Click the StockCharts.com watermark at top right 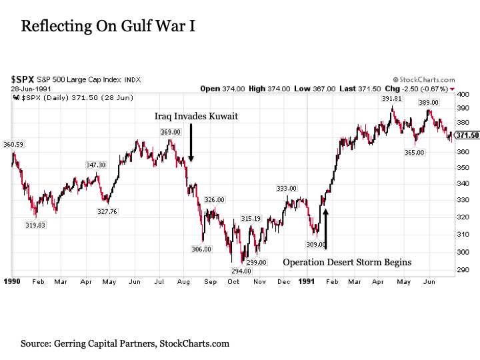click(425, 79)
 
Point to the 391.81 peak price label click(391, 99)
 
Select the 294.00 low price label click(241, 271)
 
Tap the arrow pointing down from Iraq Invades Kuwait click(191, 143)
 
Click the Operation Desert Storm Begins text click(347, 262)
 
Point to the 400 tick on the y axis click(463, 95)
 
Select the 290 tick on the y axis click(463, 269)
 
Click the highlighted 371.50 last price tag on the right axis click(467, 135)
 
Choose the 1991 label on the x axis click(307, 282)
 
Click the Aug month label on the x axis click(183, 282)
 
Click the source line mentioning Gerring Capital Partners click(125, 343)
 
